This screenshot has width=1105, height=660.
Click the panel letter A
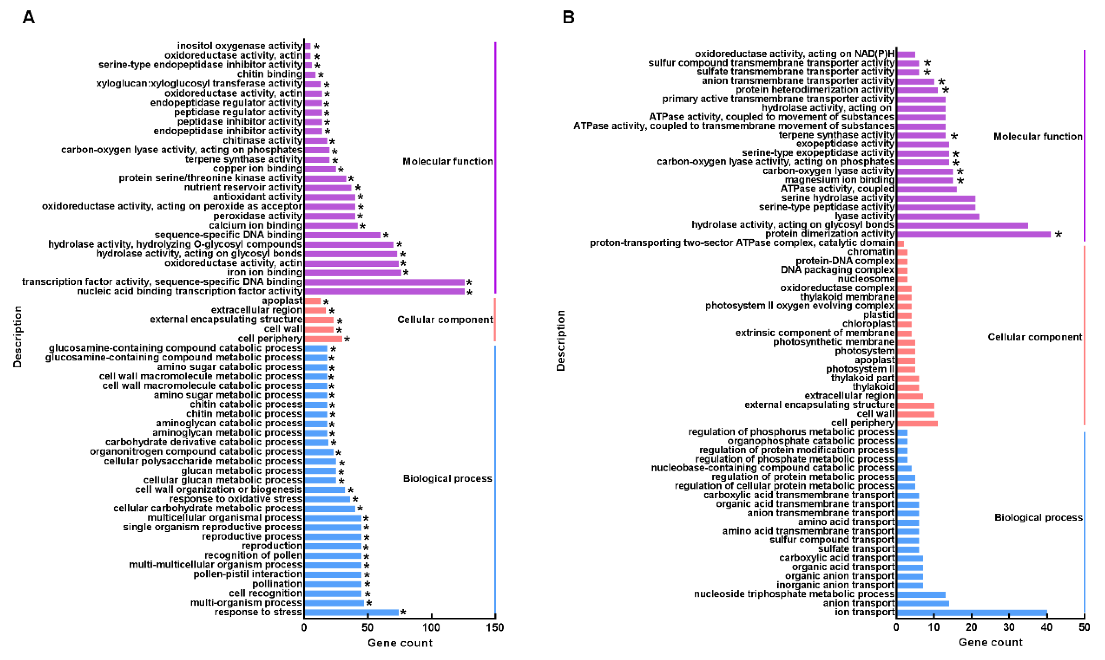coord(29,17)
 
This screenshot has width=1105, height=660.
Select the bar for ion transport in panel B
coord(971,612)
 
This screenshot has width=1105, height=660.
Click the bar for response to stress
coord(351,612)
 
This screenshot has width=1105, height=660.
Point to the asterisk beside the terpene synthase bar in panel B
coord(954,136)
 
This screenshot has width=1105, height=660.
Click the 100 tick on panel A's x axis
coord(431,628)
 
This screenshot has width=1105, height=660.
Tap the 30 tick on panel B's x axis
coord(1009,628)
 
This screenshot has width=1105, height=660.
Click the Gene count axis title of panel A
coord(400,643)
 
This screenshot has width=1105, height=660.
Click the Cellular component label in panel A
coord(444,320)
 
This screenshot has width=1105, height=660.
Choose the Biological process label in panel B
coord(1038,517)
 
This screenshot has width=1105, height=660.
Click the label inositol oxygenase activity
coord(240,46)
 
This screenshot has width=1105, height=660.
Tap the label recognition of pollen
coord(253,555)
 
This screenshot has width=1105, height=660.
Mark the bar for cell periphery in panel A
coord(323,339)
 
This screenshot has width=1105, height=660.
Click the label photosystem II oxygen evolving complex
coord(799,306)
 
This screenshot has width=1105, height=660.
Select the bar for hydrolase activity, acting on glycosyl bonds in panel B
coord(962,225)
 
